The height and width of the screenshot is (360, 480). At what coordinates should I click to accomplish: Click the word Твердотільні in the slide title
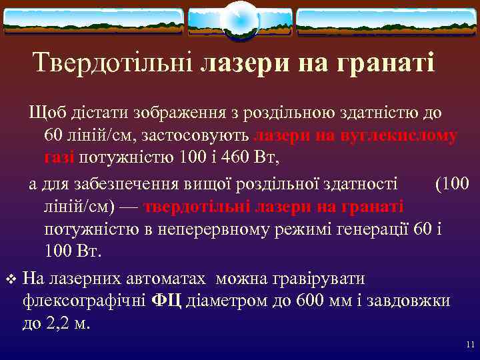[x=114, y=63]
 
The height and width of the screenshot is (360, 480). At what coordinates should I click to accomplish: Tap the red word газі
[x=60, y=157]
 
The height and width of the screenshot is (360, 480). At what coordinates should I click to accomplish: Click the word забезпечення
[x=125, y=183]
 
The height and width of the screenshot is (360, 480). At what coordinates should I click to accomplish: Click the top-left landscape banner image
[x=93, y=21]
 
